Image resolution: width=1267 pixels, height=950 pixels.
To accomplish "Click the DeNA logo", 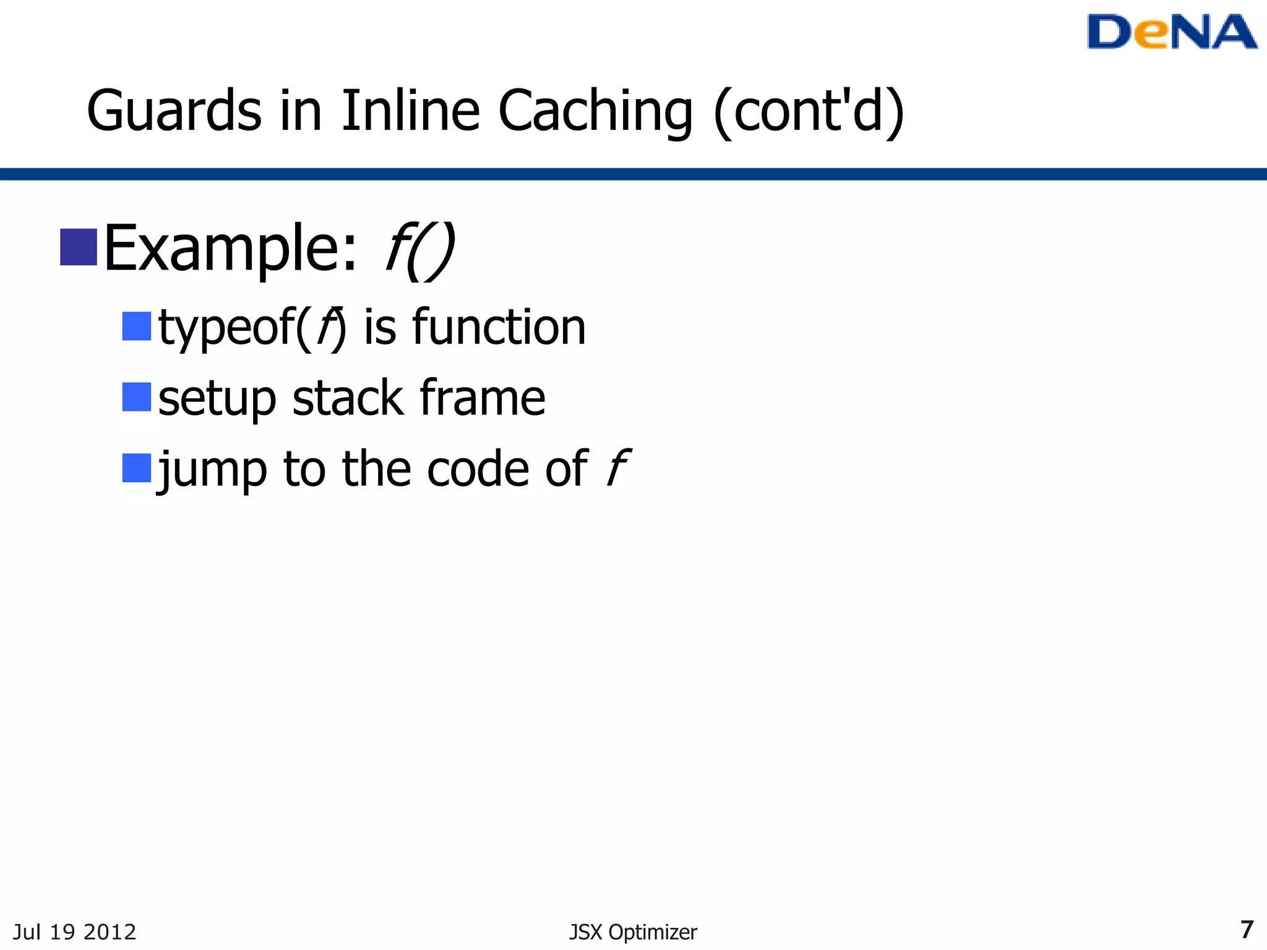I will (1172, 32).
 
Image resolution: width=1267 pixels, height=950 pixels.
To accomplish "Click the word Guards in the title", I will (174, 111).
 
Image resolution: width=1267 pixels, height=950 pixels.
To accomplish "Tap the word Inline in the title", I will (410, 111).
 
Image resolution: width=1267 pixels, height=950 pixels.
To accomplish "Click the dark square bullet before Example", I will (79, 247).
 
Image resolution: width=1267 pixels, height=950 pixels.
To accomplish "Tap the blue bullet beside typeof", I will (137, 326).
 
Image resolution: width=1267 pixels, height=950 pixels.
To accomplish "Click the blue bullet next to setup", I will (137, 397).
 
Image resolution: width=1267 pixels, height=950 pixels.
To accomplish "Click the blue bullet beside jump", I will (137, 468).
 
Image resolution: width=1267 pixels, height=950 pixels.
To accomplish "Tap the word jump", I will (213, 470).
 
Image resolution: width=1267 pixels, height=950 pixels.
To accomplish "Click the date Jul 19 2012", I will (74, 931).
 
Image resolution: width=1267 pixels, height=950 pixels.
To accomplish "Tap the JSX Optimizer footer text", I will (633, 932).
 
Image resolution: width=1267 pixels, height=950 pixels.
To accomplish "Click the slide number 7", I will (1247, 930).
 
